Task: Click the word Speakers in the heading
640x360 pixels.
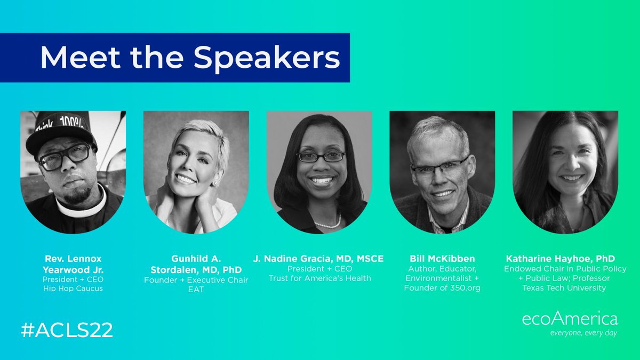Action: pos(267,58)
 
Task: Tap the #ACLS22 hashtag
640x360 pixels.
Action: pos(67,330)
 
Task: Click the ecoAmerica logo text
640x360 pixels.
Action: pos(570,319)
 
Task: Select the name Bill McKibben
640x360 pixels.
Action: pos(442,259)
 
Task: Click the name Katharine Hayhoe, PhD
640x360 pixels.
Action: pos(565,259)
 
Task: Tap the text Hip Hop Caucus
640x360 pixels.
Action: pos(73,288)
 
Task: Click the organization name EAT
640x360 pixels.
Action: pos(196,290)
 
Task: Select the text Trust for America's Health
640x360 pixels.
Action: pos(319,278)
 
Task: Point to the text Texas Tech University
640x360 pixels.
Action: pos(565,288)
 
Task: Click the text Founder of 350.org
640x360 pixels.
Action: pos(442,288)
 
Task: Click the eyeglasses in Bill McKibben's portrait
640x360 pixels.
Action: pos(440,167)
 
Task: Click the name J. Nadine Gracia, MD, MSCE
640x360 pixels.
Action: pos(319,259)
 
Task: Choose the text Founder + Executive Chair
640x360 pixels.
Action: pos(196,280)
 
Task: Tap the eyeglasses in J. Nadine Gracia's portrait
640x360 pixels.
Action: pos(321,156)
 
